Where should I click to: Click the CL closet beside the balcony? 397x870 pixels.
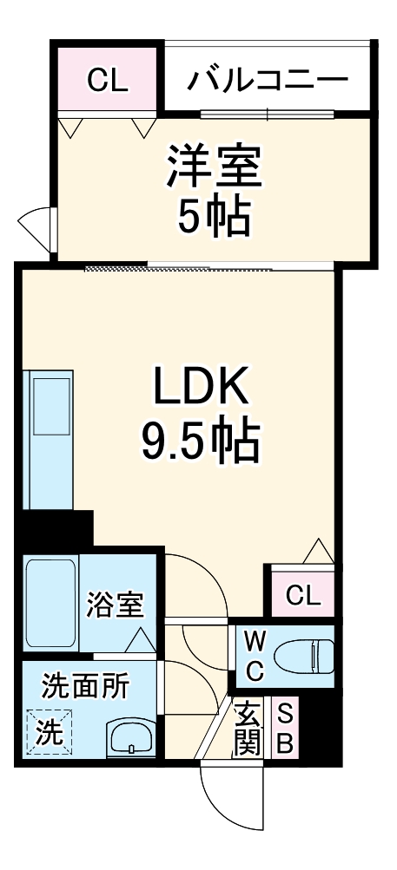pyautogui.click(x=108, y=82)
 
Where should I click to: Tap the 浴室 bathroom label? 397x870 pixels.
pyautogui.click(x=115, y=605)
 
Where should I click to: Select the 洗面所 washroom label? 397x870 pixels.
pyautogui.click(x=86, y=687)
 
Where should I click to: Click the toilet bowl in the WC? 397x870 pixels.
pyautogui.click(x=304, y=657)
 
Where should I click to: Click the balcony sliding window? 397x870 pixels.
pyautogui.click(x=268, y=114)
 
